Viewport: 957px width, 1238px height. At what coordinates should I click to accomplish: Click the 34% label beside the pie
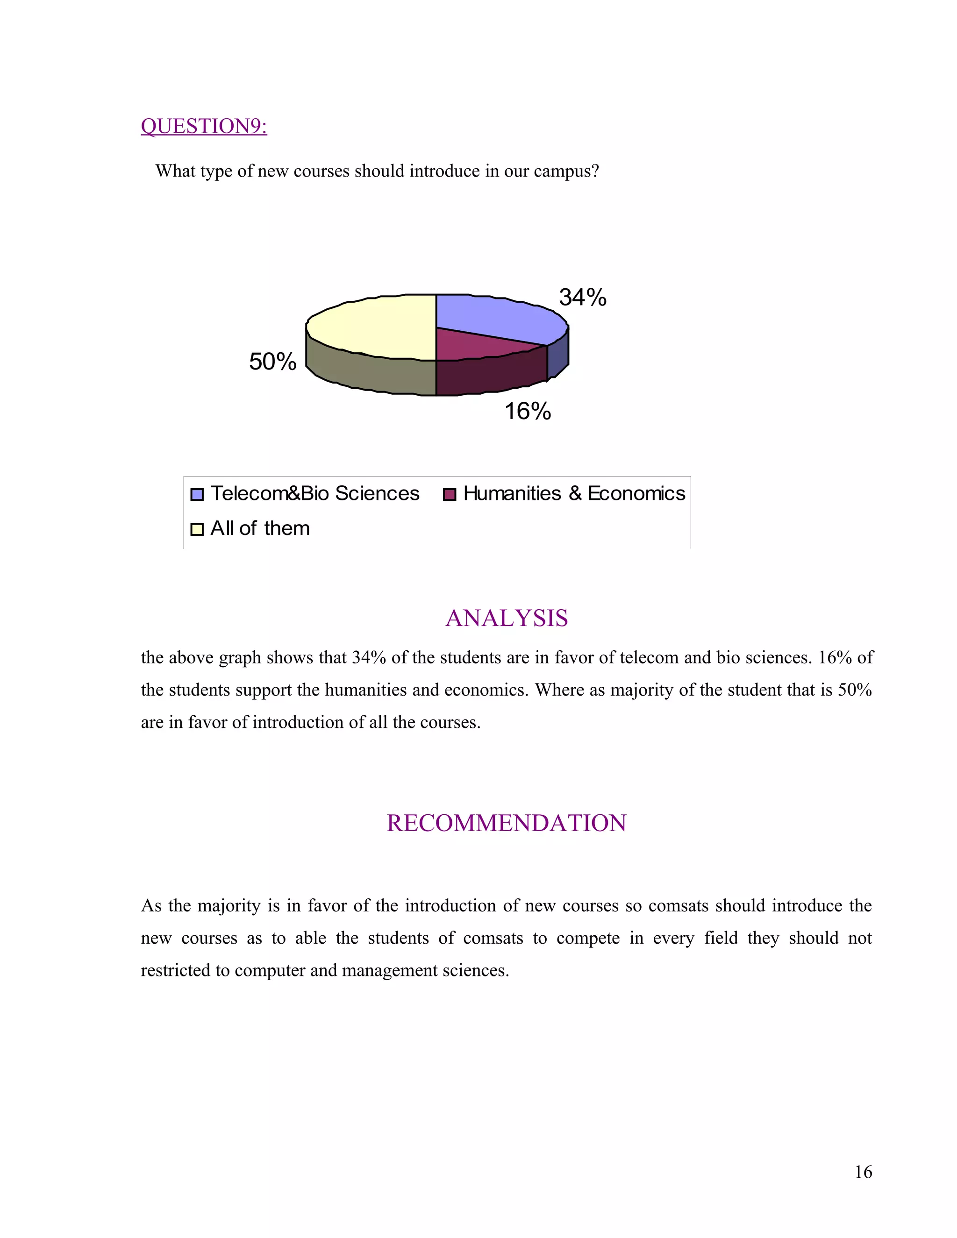[x=582, y=298]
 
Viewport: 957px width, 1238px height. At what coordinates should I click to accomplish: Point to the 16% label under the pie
[x=527, y=411]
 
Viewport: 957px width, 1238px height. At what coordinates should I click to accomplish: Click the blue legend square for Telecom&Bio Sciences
[x=197, y=494]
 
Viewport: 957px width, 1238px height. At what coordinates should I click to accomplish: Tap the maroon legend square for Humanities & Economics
[x=449, y=494]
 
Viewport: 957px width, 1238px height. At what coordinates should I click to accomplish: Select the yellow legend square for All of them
[x=197, y=529]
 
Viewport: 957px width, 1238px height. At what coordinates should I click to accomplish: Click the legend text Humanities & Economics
[x=574, y=494]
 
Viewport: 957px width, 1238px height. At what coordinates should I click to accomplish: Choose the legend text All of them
[x=260, y=528]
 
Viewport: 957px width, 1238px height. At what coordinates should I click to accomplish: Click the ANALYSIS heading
[x=506, y=618]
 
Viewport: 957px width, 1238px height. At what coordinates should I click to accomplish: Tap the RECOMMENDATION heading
[x=506, y=823]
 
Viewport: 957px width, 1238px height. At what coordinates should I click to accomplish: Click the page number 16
[x=863, y=1172]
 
